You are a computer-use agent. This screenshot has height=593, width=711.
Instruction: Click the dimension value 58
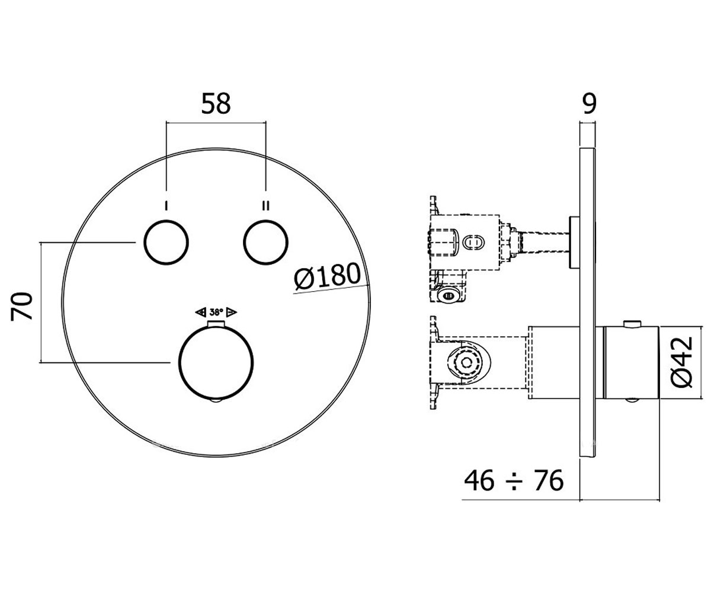click(216, 103)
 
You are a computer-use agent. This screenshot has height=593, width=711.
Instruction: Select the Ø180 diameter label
click(327, 276)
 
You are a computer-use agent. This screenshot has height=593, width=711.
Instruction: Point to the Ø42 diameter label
click(682, 362)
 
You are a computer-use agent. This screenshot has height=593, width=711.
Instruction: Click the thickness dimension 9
click(590, 104)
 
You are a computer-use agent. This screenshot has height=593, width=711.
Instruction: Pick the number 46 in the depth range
click(479, 480)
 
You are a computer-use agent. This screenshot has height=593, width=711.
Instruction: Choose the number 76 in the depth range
click(549, 480)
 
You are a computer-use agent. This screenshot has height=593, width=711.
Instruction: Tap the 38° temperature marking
click(216, 312)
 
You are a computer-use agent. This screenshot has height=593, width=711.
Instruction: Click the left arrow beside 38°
click(201, 312)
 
